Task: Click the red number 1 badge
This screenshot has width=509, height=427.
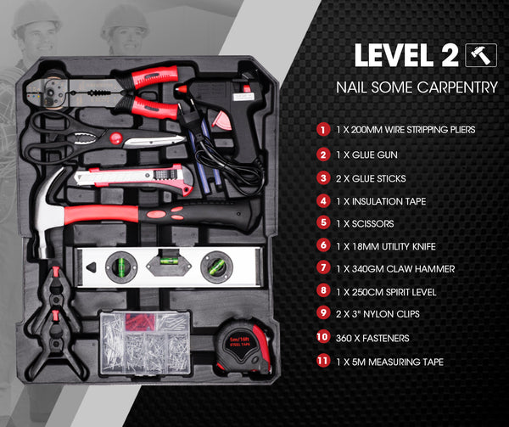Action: click(x=322, y=130)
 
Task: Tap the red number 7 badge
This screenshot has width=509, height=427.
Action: click(x=322, y=268)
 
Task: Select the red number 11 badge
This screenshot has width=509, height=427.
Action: click(x=322, y=361)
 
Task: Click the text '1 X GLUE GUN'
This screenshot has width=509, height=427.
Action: click(x=366, y=155)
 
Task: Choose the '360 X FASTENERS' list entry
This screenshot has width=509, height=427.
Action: click(x=373, y=337)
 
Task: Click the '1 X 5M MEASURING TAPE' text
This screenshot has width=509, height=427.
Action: click(x=389, y=362)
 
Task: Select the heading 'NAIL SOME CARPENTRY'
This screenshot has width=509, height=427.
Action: click(x=417, y=87)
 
